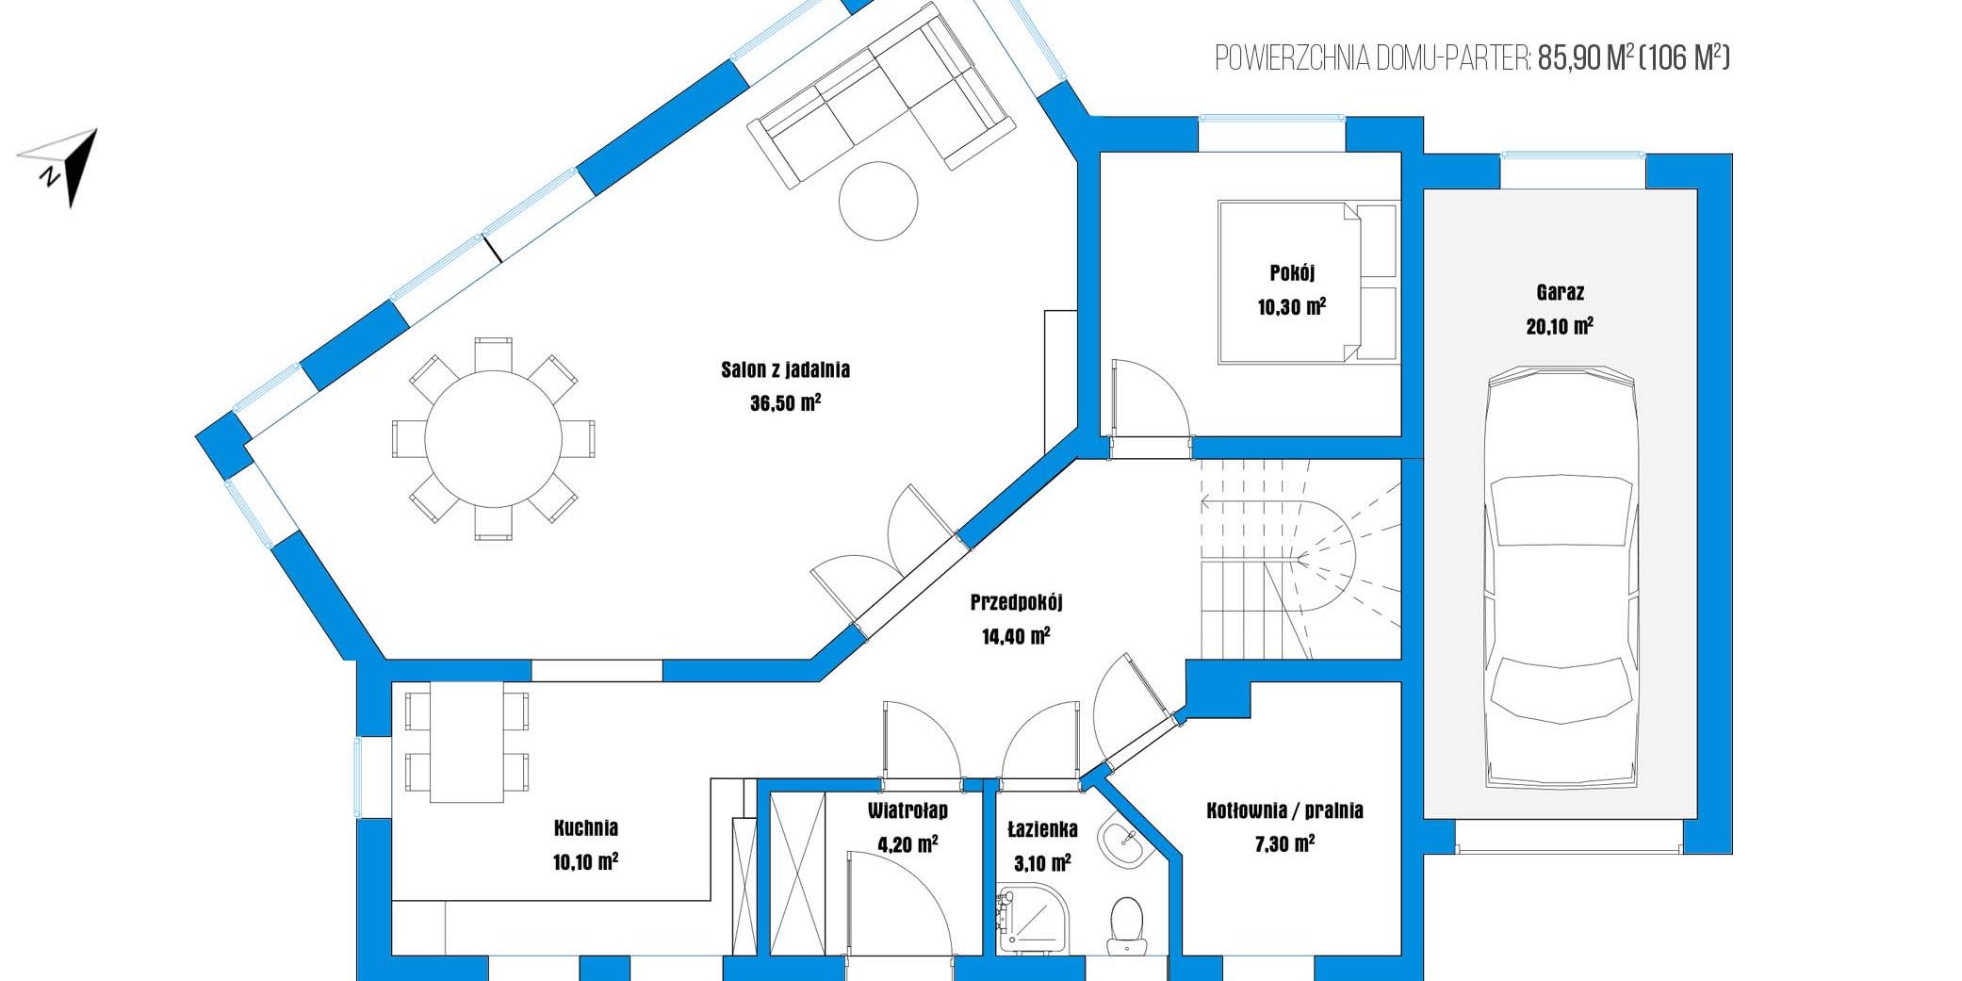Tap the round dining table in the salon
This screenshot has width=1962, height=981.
[x=493, y=438]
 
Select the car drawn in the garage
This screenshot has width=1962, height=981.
[x=1560, y=577]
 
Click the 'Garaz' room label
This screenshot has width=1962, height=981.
[x=1560, y=292]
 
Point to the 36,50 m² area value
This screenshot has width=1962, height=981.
[x=785, y=403]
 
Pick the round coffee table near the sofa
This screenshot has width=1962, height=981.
[x=878, y=201]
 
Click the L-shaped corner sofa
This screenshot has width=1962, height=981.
[x=881, y=94]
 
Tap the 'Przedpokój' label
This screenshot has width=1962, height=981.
[x=1016, y=602]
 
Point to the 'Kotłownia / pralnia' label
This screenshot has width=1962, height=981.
[x=1284, y=810]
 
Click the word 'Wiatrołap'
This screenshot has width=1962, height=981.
[x=907, y=810]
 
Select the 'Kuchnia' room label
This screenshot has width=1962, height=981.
[x=586, y=827]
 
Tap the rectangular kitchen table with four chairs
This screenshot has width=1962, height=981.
[x=466, y=742]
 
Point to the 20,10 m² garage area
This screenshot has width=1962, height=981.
[x=1560, y=326]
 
